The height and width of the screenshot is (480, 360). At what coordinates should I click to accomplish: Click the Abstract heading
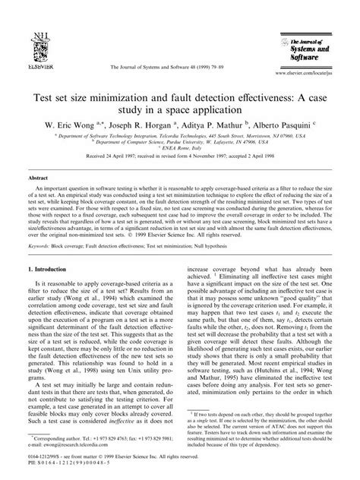[x=37, y=153]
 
